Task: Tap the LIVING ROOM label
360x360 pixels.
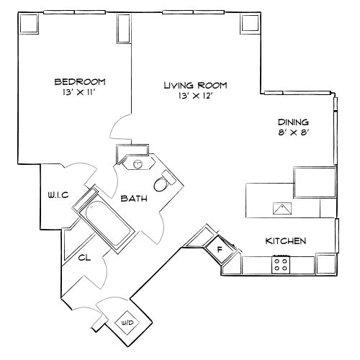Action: [x=189, y=85]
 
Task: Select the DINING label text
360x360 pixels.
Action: [x=294, y=122]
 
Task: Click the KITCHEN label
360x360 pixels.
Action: [x=287, y=240]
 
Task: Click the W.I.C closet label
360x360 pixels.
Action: [x=58, y=194]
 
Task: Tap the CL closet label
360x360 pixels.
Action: [x=84, y=256]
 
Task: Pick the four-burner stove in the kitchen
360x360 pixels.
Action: [x=280, y=264]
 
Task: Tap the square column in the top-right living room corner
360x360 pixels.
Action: [x=250, y=23]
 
